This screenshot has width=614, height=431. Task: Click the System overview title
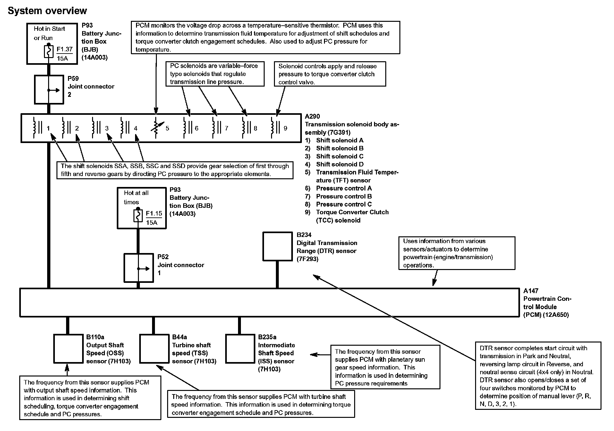click(47, 11)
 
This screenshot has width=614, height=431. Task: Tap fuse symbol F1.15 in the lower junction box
click(138, 216)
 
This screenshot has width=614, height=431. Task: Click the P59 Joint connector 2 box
click(49, 90)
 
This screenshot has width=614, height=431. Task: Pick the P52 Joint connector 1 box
click(139, 268)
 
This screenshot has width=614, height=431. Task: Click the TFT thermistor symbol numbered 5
click(156, 128)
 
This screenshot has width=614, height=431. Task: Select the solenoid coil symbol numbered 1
click(36, 127)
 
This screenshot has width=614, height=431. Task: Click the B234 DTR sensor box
click(277, 247)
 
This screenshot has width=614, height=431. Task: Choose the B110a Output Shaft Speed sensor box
click(68, 349)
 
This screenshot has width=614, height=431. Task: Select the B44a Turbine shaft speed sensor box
click(154, 349)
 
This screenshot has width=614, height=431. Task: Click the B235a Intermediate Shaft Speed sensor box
click(240, 349)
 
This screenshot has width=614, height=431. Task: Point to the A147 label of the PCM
click(531, 291)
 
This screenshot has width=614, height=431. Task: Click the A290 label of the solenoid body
click(312, 116)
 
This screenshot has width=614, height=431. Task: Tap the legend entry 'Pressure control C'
click(344, 204)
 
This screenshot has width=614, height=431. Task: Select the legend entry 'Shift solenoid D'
click(339, 164)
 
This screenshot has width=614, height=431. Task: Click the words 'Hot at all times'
click(136, 197)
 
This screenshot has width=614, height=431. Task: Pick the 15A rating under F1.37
click(62, 59)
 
